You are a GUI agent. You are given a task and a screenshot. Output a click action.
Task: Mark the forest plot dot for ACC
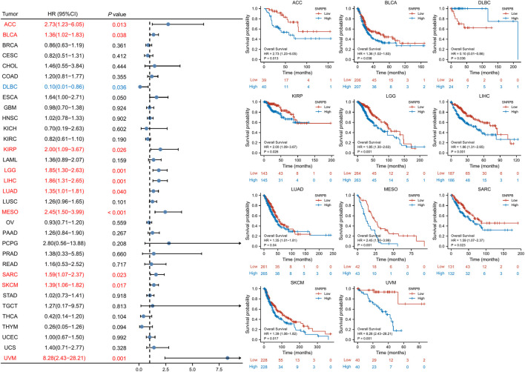click(168, 24)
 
